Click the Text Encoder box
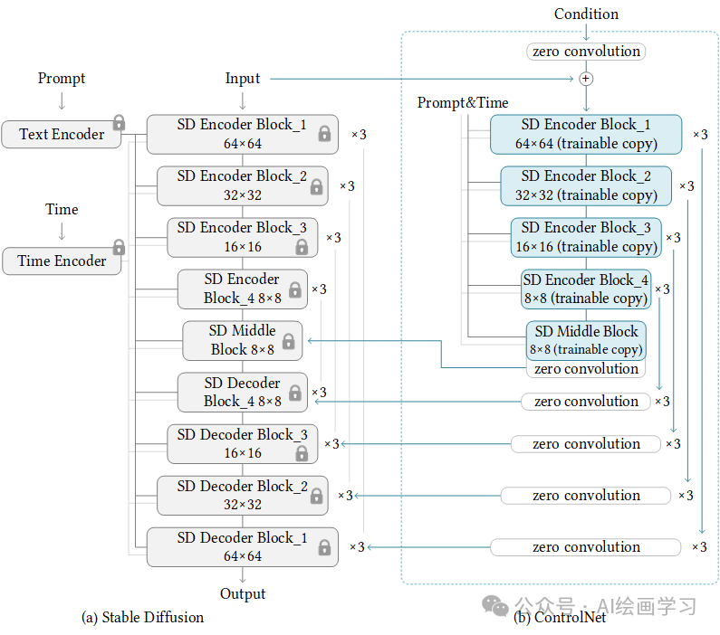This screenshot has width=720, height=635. click(x=61, y=134)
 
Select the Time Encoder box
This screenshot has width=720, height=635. click(x=61, y=261)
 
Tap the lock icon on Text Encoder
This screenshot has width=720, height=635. click(x=119, y=122)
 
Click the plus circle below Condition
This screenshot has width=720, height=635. click(x=586, y=79)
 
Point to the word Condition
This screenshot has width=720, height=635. click(x=586, y=14)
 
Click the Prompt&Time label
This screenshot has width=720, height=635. click(x=463, y=102)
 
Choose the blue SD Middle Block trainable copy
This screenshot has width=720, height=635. click(x=586, y=340)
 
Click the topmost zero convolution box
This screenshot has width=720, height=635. click(x=586, y=52)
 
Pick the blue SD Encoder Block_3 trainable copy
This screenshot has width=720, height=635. click(x=586, y=237)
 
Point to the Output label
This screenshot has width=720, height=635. click(x=242, y=593)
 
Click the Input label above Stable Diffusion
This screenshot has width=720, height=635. click(x=242, y=79)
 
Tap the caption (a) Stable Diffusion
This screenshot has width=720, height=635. click(x=142, y=617)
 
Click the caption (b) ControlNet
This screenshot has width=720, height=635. click(x=548, y=617)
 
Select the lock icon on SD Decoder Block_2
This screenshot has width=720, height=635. click(x=316, y=496)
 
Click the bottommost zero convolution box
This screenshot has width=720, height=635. click(x=586, y=546)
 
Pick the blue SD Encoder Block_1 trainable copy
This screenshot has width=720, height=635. click(x=586, y=134)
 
